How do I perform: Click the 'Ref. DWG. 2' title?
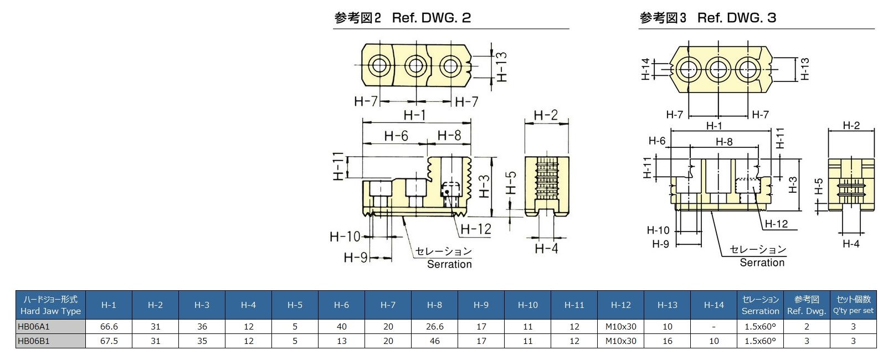click(x=431, y=18)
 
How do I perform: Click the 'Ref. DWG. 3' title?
click(x=736, y=18)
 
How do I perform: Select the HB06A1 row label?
click(x=33, y=327)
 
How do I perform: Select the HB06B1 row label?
click(x=33, y=341)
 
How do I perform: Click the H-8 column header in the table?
click(x=434, y=305)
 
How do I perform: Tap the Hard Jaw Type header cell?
click(x=50, y=305)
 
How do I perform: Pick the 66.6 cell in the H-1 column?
click(x=109, y=327)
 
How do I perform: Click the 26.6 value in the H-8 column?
click(x=434, y=327)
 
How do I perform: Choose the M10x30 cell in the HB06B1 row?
click(x=620, y=341)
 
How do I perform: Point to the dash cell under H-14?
click(x=714, y=327)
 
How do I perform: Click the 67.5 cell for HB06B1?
click(x=109, y=341)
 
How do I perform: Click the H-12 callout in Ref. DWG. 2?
click(x=476, y=229)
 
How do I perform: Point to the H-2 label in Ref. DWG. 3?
click(x=851, y=126)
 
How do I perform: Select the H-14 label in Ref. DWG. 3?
click(x=645, y=70)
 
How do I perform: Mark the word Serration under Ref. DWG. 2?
click(x=449, y=264)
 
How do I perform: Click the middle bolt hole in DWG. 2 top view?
click(x=415, y=66)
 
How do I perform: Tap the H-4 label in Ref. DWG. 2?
click(x=546, y=248)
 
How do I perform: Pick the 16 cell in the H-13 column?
click(x=667, y=341)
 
